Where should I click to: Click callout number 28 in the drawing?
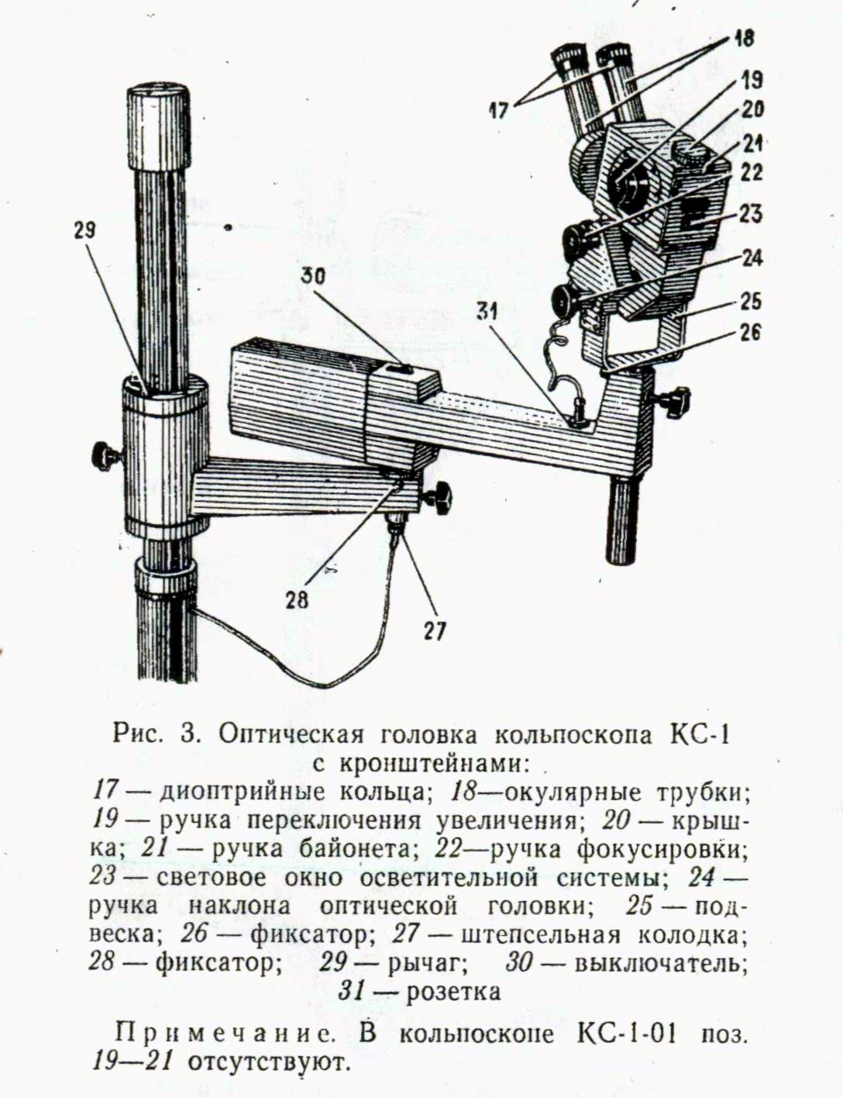tap(297, 600)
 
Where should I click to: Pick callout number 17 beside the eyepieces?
tap(499, 110)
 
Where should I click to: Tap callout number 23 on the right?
tap(750, 214)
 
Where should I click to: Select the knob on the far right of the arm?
tap(674, 400)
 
